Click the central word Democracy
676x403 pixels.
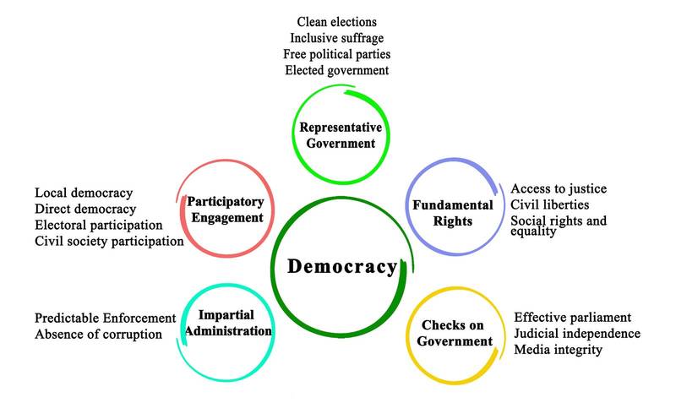[341, 267]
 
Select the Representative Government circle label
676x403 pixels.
[341, 135]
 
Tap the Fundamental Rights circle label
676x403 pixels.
[453, 213]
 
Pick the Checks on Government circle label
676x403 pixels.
[456, 334]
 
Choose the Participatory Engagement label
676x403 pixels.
[226, 210]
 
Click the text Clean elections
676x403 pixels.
[337, 21]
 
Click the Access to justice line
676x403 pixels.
[559, 188]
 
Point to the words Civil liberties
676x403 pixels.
[550, 204]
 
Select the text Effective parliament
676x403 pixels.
[573, 317]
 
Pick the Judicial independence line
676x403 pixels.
[577, 333]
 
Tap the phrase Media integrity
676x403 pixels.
[559, 349]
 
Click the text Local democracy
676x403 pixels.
[84, 193]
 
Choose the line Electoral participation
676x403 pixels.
[99, 225]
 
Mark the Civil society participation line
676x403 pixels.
[109, 242]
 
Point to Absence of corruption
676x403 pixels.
[98, 334]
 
